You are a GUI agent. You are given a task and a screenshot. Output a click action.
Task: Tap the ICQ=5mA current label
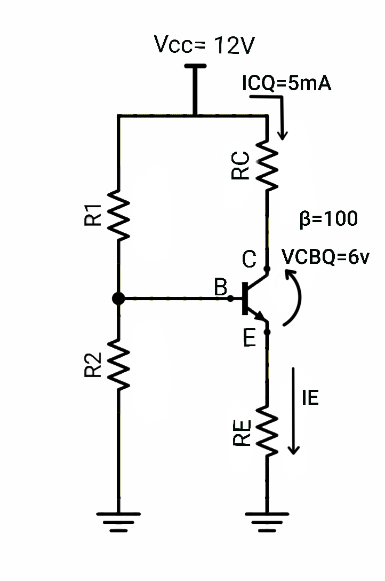click(x=287, y=84)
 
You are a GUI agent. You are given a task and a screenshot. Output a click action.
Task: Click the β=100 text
click(x=328, y=219)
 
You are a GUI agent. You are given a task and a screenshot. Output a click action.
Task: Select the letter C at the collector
click(x=249, y=260)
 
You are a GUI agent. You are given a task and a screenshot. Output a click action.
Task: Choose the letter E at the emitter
click(x=249, y=339)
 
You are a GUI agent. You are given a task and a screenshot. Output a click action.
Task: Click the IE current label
click(x=310, y=398)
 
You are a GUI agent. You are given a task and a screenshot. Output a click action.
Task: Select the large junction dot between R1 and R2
click(x=118, y=299)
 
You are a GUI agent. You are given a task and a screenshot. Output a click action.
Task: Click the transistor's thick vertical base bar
click(x=246, y=298)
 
